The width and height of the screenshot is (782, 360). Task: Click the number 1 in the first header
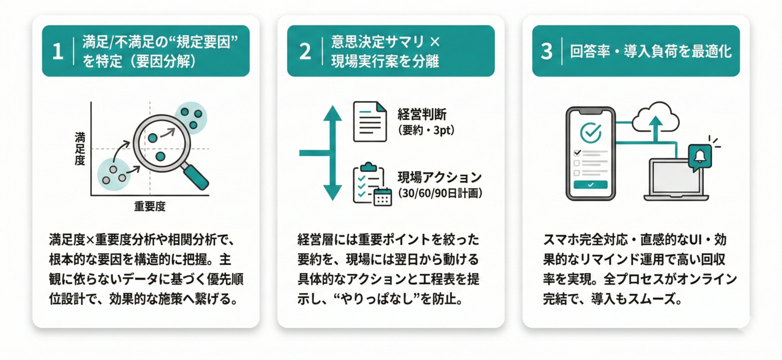[58, 52]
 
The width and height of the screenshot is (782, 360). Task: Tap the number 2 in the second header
[305, 52]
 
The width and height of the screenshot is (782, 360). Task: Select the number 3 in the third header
[546, 52]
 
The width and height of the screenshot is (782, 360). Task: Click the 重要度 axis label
[149, 206]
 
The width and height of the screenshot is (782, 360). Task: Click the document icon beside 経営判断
[370, 122]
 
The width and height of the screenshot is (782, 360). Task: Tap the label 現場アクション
[439, 178]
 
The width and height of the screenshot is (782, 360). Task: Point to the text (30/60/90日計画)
[439, 193]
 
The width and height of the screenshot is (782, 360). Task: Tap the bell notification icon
[699, 156]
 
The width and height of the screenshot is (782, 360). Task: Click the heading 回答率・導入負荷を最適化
[650, 52]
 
